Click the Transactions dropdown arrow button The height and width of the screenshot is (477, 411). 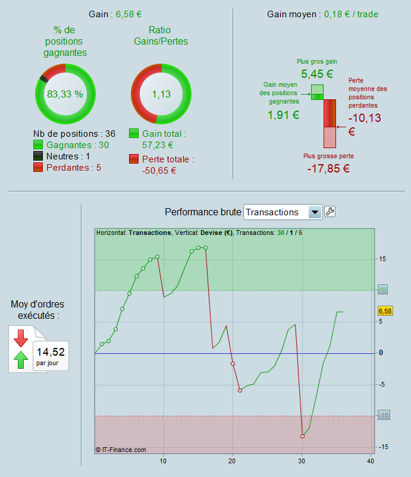(x=315, y=212)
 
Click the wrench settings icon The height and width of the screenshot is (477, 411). (x=330, y=212)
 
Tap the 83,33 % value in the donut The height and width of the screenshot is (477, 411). (x=65, y=94)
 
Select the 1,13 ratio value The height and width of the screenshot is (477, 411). (x=161, y=94)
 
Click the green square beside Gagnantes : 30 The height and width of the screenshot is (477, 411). (x=39, y=145)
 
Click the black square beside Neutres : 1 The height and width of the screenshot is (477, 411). (x=39, y=156)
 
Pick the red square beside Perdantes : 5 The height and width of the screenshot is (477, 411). (x=39, y=168)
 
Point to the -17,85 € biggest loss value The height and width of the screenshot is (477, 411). (x=328, y=168)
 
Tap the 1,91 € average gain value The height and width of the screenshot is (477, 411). (x=283, y=115)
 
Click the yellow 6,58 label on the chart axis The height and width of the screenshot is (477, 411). (x=385, y=311)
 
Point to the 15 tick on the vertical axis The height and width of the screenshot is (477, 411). (x=382, y=259)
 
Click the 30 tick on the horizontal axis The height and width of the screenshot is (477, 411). (x=302, y=461)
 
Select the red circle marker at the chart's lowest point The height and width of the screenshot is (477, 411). (x=302, y=436)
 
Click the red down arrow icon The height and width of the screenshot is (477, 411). (x=21, y=338)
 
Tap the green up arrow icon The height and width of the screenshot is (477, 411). (x=21, y=359)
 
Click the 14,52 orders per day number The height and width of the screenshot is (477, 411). (x=51, y=350)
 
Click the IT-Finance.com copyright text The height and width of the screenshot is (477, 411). (x=121, y=450)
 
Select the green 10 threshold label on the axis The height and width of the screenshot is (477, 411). (x=383, y=290)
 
